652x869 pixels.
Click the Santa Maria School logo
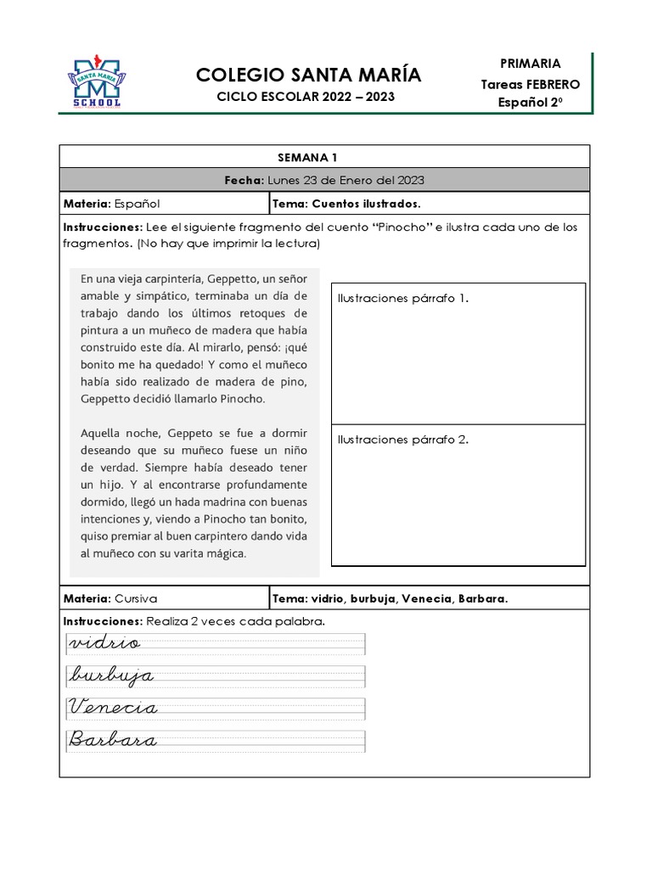click(x=94, y=82)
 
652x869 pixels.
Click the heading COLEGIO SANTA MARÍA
click(x=308, y=76)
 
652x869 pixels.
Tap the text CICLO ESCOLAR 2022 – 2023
click(x=306, y=98)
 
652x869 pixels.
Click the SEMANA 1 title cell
click(x=324, y=157)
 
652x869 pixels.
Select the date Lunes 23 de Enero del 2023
click(x=346, y=180)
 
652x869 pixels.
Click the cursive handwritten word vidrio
click(x=105, y=643)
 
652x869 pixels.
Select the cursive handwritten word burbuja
click(x=112, y=676)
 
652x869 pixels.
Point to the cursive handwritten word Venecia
click(x=114, y=708)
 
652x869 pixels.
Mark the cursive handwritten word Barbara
click(x=114, y=740)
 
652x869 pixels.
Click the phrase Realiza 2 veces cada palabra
click(x=236, y=621)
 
